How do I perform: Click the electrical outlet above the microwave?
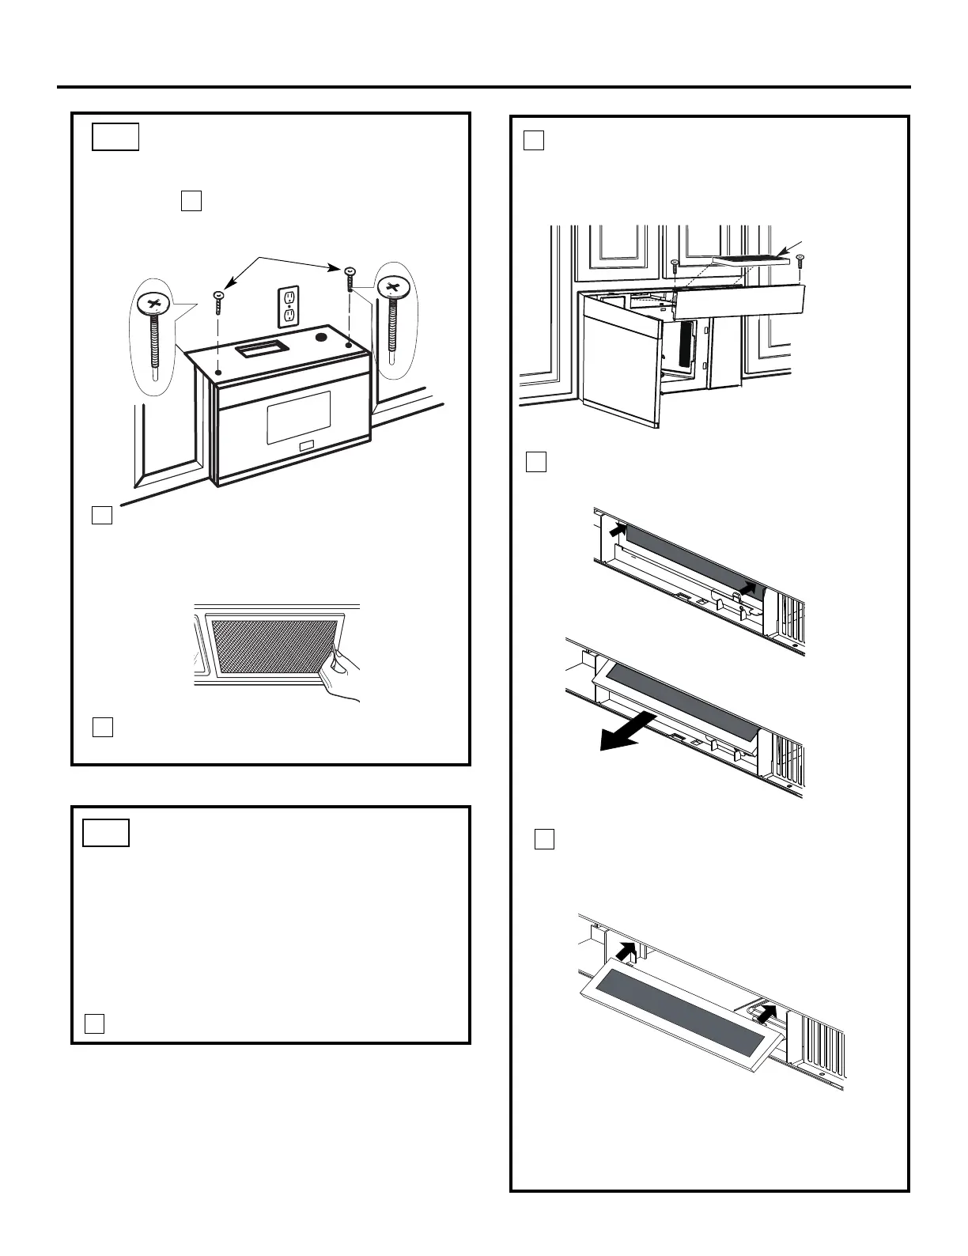pyautogui.click(x=289, y=306)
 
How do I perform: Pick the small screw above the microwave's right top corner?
pyautogui.click(x=349, y=279)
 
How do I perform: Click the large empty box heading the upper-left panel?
pyautogui.click(x=115, y=136)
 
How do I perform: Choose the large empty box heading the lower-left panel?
pyautogui.click(x=107, y=833)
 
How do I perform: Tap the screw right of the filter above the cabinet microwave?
pyautogui.click(x=801, y=263)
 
